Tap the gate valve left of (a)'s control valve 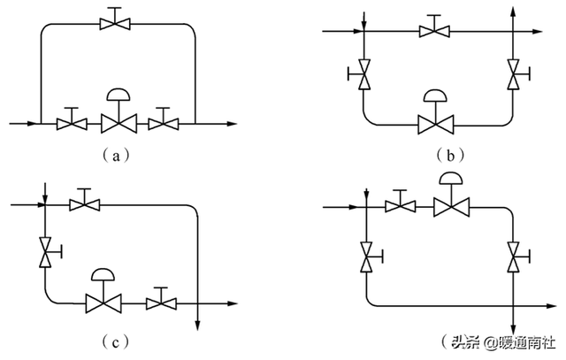[71, 121]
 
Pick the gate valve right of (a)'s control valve [163, 121]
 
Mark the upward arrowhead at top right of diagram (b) [513, 9]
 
